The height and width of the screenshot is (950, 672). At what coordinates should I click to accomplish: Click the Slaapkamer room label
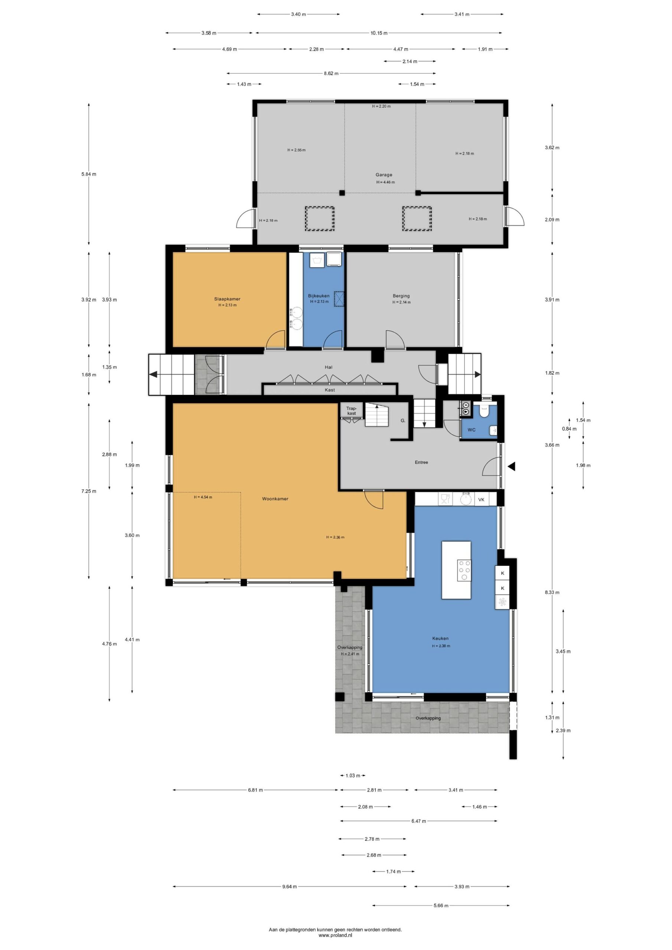227,299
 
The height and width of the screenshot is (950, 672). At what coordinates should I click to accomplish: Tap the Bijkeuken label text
319,295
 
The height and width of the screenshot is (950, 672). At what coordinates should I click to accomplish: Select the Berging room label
401,295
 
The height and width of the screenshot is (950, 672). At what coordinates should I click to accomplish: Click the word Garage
384,175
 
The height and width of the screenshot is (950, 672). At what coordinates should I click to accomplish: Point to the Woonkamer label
275,499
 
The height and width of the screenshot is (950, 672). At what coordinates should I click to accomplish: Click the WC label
471,430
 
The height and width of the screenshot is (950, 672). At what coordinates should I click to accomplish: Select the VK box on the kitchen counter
481,499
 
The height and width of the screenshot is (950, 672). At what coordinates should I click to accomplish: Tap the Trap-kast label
351,410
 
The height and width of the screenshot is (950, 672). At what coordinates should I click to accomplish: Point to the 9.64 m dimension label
290,886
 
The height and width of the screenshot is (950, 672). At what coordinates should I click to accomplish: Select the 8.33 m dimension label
552,592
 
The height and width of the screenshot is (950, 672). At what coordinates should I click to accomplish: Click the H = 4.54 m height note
203,497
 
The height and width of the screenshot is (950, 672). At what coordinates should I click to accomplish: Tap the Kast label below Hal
330,390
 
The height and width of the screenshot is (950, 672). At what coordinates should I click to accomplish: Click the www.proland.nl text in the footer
335,935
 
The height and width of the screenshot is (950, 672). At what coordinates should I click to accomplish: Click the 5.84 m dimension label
89,174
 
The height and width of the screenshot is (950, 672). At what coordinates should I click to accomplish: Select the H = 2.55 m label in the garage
296,150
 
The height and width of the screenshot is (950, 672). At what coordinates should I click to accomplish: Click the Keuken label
440,638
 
